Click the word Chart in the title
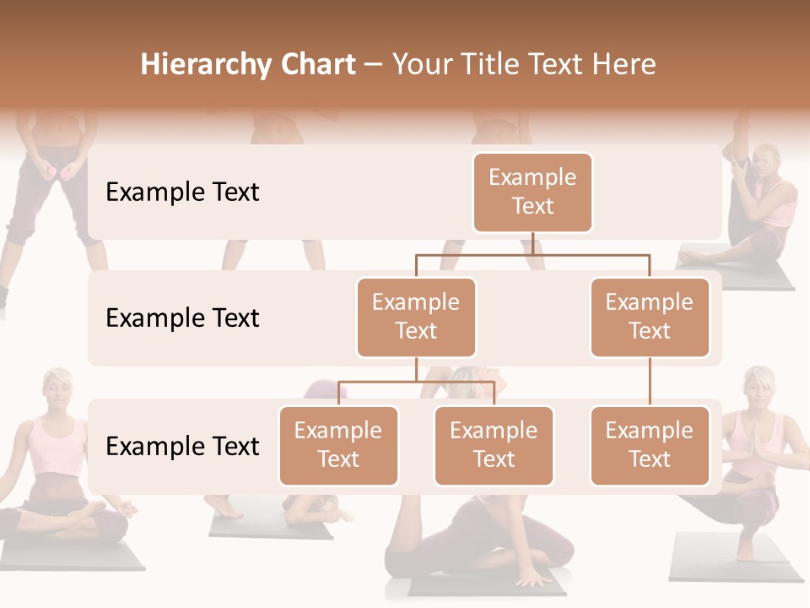(x=317, y=64)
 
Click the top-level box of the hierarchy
(x=532, y=192)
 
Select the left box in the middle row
(x=416, y=317)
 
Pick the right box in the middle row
(x=650, y=317)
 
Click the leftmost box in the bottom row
(x=338, y=445)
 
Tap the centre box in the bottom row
(x=494, y=445)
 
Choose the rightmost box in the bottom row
(x=650, y=445)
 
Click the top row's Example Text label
(x=182, y=193)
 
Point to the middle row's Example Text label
(x=182, y=318)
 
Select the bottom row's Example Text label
(x=182, y=447)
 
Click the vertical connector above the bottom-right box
(x=650, y=382)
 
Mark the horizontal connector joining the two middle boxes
(x=532, y=254)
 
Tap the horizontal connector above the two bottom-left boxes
(x=416, y=382)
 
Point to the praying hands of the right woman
(x=748, y=448)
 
